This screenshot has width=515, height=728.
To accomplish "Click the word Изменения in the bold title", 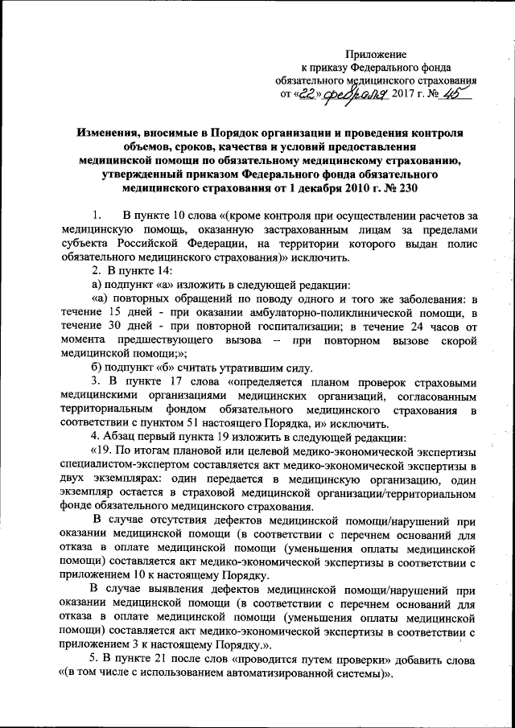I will tap(109, 130).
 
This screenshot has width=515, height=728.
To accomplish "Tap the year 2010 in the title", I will tap(345, 187).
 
